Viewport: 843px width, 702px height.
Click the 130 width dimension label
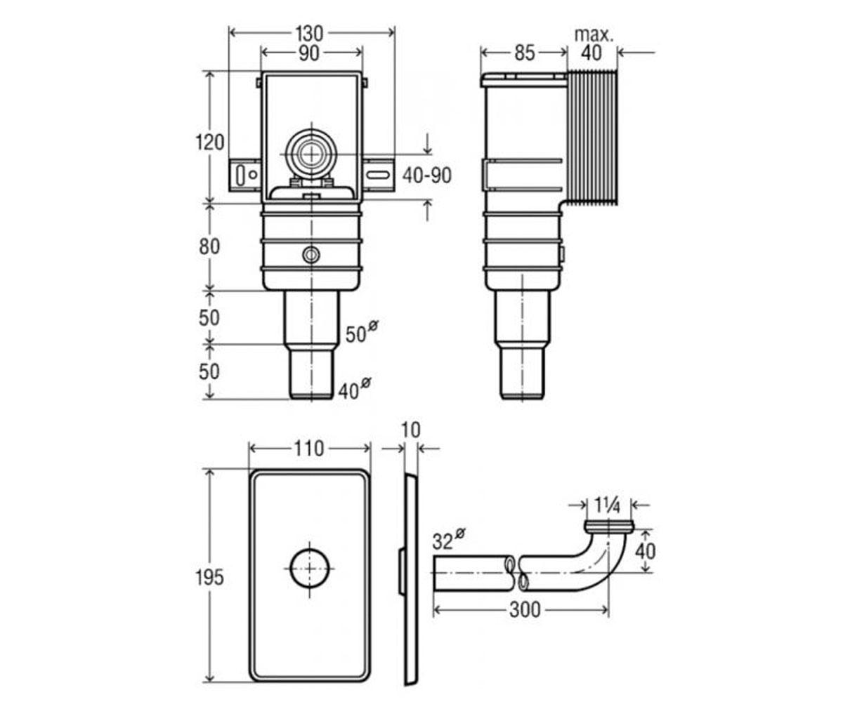309,34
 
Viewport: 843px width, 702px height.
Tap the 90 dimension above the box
309,53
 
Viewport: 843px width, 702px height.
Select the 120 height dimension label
209,143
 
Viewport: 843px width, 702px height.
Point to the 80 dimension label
209,246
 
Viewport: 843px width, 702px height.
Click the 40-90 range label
426,175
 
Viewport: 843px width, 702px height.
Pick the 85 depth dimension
525,53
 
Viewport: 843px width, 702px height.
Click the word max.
594,35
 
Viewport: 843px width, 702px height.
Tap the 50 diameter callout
362,332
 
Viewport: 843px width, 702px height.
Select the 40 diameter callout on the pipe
354,388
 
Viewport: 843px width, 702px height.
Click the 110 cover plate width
309,449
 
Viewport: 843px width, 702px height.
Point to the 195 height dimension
209,578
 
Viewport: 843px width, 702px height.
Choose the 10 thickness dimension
411,430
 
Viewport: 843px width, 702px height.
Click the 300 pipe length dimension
525,609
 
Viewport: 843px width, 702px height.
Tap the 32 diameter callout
448,541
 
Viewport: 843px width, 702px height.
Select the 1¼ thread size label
607,505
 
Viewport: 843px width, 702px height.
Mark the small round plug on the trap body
311,254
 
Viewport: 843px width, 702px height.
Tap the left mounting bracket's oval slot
240,175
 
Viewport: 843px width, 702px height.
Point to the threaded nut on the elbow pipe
609,526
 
